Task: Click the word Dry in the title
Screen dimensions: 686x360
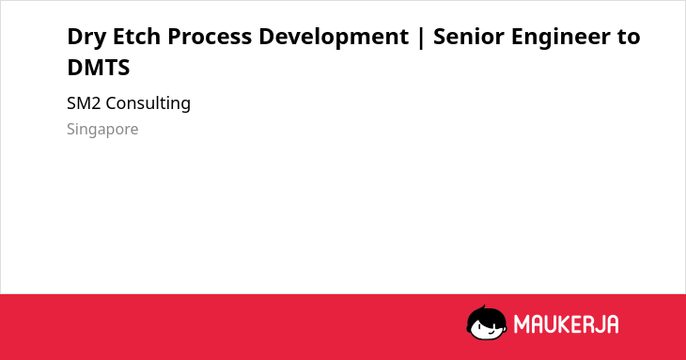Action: [x=86, y=37]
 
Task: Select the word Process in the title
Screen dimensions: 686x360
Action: [x=210, y=37]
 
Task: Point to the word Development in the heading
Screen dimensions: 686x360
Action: [x=334, y=37]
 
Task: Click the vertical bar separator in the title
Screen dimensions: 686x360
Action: [x=421, y=38]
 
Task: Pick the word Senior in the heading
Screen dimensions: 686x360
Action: [x=469, y=37]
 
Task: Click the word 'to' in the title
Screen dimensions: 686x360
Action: [x=629, y=37]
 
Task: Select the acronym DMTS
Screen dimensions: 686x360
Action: [x=99, y=68]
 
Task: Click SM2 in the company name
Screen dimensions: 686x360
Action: [x=84, y=103]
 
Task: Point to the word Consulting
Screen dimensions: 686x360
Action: [x=148, y=104]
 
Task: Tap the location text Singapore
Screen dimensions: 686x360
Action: [x=102, y=130]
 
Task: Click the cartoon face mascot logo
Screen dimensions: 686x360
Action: [x=487, y=322]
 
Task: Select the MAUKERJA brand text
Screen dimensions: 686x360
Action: [x=566, y=324]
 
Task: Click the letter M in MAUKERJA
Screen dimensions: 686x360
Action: [x=522, y=324]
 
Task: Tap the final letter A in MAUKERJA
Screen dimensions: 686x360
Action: [x=612, y=324]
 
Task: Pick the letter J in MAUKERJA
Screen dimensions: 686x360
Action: [x=599, y=324]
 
